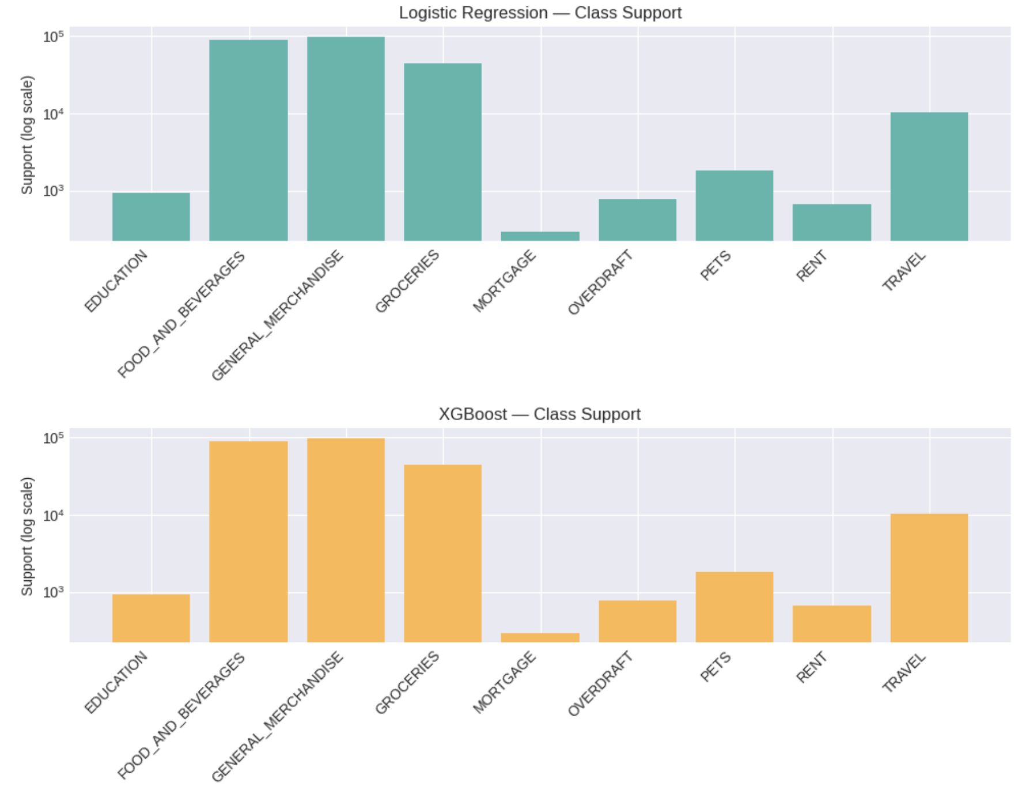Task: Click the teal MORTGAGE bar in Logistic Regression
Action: coord(540,236)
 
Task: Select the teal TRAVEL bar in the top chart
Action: coord(929,176)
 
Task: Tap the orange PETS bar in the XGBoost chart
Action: coord(734,607)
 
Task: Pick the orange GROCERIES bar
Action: coord(442,553)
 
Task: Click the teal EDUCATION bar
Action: coord(151,217)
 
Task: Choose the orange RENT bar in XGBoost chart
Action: coord(831,623)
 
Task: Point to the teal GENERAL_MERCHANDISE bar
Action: coord(346,138)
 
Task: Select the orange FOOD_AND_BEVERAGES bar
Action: coord(248,542)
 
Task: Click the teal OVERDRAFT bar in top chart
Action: coord(637,220)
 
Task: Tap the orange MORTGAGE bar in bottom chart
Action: coord(540,637)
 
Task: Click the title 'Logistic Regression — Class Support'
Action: coord(540,13)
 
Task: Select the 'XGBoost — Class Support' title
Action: coord(540,414)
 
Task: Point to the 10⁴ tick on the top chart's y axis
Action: coord(53,114)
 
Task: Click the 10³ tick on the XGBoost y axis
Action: coord(53,592)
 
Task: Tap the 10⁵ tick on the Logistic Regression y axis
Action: coord(53,37)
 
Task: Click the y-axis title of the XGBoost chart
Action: coord(27,536)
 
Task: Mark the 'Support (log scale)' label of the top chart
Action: coord(27,135)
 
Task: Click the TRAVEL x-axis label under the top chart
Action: coord(904,271)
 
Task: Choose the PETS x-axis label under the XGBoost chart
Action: coord(716,667)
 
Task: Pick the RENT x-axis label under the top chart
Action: coord(811,266)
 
